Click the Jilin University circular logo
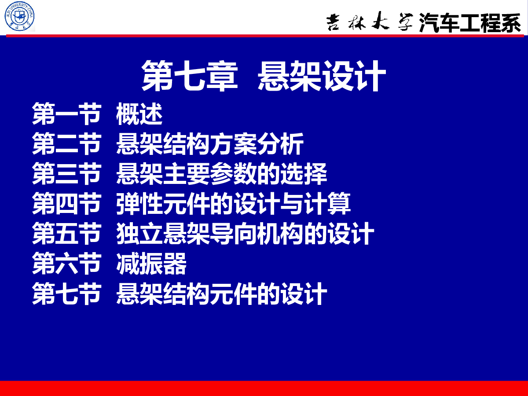[19, 16]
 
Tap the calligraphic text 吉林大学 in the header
[370, 22]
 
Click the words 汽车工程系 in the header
[470, 22]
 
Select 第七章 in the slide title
[190, 76]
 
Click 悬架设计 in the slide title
[322, 76]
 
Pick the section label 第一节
[66, 114]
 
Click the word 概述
[139, 114]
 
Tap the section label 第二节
[66, 143]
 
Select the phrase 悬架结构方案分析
[210, 143]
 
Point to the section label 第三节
[66, 174]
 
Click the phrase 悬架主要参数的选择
[222, 174]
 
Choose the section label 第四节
[66, 203]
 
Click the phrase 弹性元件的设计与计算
[233, 203]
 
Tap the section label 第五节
[66, 234]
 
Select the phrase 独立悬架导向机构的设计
[245, 234]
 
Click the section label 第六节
[66, 264]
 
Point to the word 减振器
[151, 264]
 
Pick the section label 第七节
[66, 293]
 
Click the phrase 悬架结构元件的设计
[222, 293]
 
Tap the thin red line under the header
[265, 36]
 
